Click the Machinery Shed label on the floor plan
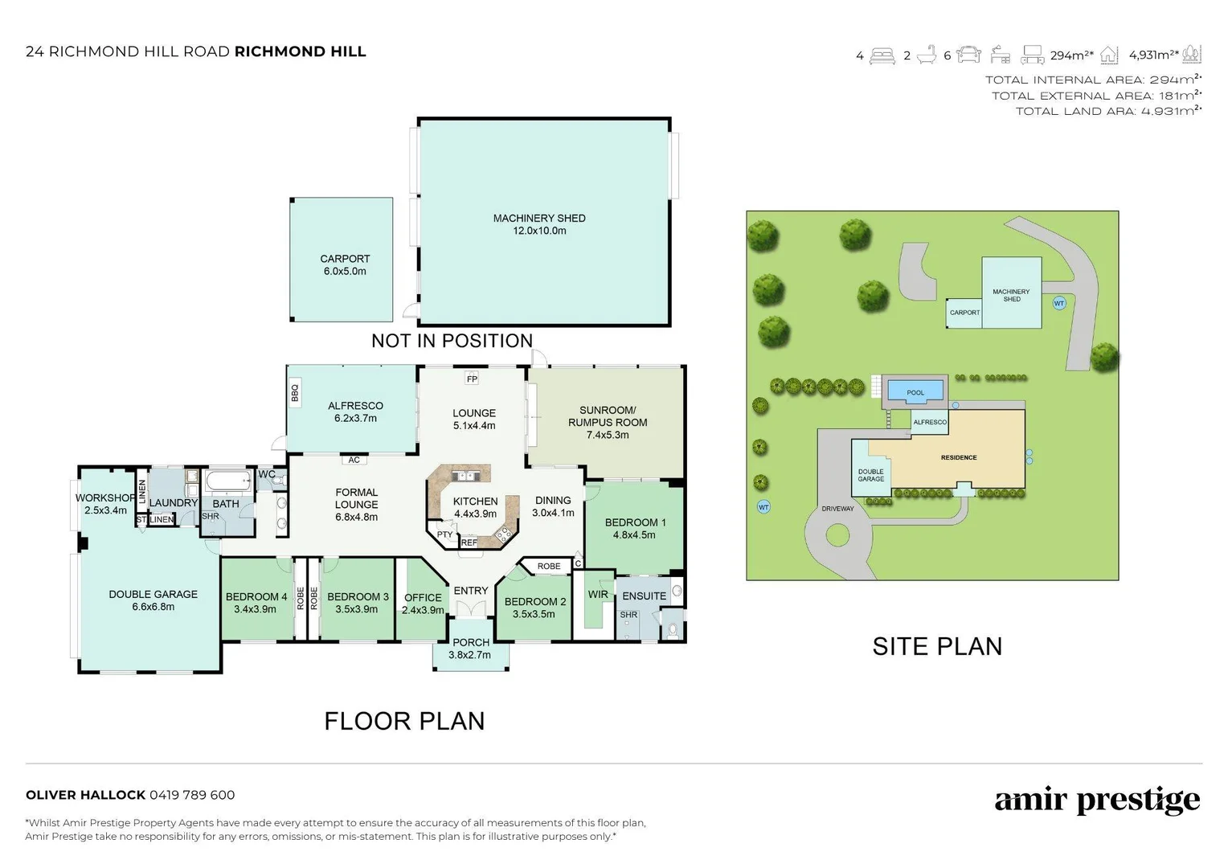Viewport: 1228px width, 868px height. coord(539,219)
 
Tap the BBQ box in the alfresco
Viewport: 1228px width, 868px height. coord(294,392)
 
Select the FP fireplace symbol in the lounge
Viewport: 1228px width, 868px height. coord(472,379)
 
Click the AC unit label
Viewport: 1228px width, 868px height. coord(354,460)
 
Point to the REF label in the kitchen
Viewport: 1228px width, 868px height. coord(469,542)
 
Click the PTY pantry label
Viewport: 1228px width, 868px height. coord(444,534)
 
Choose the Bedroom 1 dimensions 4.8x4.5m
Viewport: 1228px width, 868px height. coord(634,535)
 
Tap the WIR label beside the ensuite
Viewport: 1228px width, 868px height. coord(598,595)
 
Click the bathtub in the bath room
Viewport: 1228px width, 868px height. coord(227,481)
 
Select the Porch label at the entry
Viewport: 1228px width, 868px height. coord(471,642)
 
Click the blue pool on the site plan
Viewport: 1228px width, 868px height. coord(915,391)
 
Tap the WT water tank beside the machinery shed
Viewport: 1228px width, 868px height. coord(1059,303)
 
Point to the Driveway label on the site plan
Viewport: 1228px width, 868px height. coord(837,509)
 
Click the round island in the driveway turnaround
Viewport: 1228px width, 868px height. coord(837,535)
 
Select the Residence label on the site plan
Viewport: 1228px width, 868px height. coord(959,457)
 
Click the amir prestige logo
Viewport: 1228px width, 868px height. coord(1098,800)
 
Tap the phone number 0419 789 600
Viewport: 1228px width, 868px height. coord(192,795)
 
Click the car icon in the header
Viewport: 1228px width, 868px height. coord(968,55)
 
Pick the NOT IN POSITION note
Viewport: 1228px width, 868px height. coord(452,341)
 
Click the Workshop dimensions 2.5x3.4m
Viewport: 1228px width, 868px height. coord(105,510)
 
